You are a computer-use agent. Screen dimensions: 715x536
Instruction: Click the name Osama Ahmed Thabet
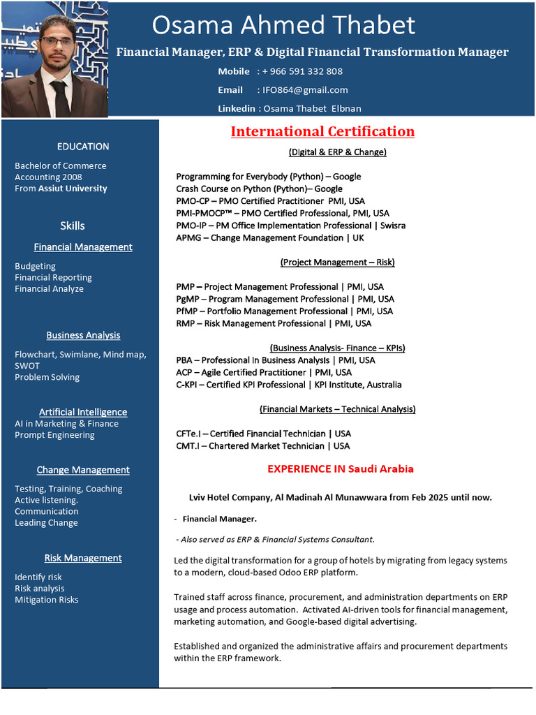[283, 26]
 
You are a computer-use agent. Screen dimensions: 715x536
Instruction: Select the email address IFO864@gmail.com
[305, 90]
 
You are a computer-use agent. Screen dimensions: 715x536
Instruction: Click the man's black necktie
[60, 98]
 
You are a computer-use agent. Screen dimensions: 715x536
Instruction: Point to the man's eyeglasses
[57, 41]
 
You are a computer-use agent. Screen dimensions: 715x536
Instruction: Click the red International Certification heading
[322, 131]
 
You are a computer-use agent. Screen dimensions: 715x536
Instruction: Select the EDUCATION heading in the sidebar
[83, 147]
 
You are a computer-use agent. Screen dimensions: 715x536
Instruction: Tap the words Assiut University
[73, 189]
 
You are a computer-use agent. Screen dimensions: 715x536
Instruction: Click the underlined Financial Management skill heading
[83, 247]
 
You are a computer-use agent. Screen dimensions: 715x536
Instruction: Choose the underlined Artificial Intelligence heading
[83, 412]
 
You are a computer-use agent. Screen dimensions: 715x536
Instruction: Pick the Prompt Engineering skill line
[54, 435]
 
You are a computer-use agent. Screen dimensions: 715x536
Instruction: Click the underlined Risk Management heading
[83, 558]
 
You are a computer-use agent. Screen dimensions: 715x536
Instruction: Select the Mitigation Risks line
[47, 600]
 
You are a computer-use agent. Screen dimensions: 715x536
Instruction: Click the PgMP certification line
[285, 299]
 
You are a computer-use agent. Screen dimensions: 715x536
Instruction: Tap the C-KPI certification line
[288, 385]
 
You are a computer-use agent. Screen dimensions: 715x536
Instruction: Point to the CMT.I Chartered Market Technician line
[263, 445]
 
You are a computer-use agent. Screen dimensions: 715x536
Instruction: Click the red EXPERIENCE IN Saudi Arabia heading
[340, 469]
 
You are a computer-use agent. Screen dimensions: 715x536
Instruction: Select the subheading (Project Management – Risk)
[337, 263]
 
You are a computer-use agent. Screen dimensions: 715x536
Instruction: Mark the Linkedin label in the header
[237, 108]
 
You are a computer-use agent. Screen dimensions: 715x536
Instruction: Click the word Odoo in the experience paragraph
[288, 573]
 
